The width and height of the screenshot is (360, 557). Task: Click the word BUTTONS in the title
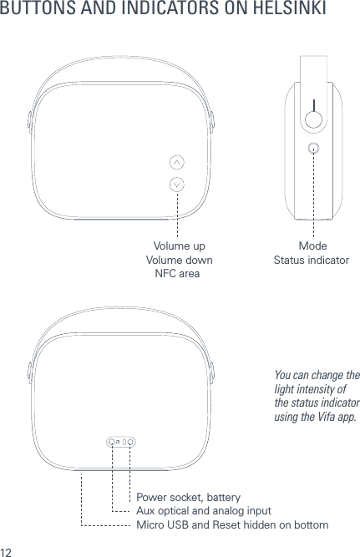click(37, 11)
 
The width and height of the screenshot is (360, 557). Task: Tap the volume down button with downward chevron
click(177, 184)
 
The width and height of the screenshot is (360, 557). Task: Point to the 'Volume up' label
click(179, 246)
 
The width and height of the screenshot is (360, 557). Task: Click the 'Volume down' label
click(179, 261)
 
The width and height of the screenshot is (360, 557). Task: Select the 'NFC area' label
click(179, 274)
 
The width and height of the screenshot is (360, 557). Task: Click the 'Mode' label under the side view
click(312, 246)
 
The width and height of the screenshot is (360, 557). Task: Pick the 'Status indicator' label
click(312, 261)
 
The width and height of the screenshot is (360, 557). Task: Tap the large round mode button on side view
click(313, 118)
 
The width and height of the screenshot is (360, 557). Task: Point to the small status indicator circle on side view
click(313, 149)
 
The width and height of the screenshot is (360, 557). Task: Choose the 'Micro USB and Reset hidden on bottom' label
click(231, 524)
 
